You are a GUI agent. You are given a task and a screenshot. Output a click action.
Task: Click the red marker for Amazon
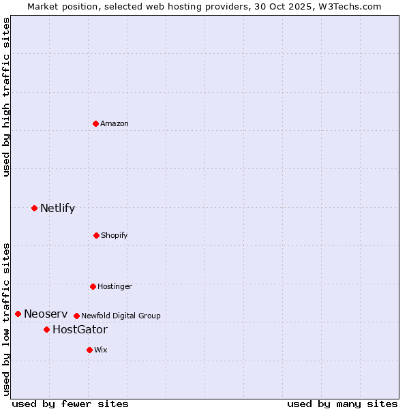(96, 123)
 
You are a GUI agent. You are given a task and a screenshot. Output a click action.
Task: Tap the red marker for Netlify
(34, 208)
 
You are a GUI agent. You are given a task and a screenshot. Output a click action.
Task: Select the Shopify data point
(96, 235)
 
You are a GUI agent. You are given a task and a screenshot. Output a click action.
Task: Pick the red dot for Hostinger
(93, 286)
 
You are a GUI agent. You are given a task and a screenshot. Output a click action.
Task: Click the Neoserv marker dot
(18, 314)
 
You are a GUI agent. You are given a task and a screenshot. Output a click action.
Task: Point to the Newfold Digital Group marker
(76, 316)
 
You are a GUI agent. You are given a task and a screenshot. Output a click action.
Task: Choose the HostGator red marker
(46, 329)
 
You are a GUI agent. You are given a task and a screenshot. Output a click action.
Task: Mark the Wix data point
(89, 350)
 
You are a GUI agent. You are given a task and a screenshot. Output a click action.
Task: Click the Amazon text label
(115, 123)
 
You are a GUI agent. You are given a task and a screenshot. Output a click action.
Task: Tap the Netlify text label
(57, 208)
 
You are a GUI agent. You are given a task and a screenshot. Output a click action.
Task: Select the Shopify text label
(115, 235)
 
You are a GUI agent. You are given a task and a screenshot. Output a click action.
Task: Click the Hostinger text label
(115, 286)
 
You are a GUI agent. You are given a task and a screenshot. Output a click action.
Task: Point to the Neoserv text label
(45, 314)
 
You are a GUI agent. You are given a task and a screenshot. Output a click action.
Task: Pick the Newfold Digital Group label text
(121, 316)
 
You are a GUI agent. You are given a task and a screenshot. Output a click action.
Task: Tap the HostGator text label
(80, 329)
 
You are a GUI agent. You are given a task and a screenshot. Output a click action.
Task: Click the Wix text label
(101, 350)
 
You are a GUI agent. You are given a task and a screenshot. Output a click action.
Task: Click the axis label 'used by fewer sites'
(70, 404)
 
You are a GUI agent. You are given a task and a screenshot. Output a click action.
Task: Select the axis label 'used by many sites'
(342, 404)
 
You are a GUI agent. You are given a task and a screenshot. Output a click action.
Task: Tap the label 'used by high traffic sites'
(6, 97)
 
